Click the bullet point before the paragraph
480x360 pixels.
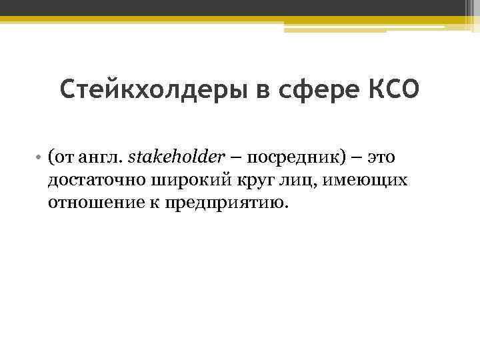point(40,159)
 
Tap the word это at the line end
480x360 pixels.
point(381,158)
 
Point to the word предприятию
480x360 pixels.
point(213,201)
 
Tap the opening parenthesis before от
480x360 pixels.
point(50,159)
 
